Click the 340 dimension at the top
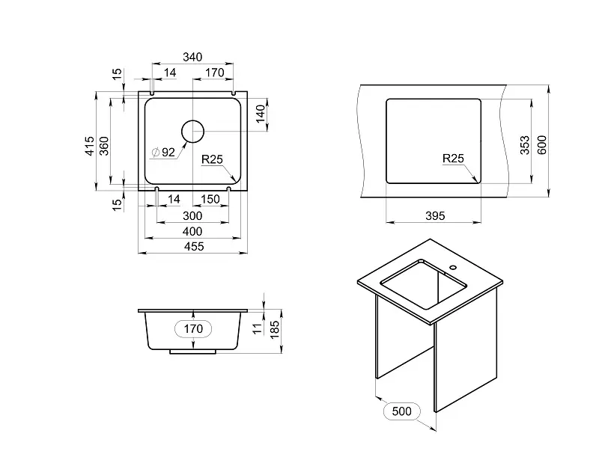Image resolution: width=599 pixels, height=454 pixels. coord(192,58)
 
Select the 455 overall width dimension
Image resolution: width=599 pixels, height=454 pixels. coord(194,247)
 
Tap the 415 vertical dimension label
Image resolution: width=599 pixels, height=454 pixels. coord(89,146)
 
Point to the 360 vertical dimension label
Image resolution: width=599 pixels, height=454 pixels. coord(104,146)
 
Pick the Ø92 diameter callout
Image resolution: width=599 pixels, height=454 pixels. coord(163,153)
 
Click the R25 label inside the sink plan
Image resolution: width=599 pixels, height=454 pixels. coord(212,159)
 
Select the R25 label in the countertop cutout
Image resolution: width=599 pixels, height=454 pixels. coord(453,159)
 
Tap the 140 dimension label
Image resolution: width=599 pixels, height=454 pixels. coord(261,114)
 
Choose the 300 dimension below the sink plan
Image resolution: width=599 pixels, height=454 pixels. coord(192,216)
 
